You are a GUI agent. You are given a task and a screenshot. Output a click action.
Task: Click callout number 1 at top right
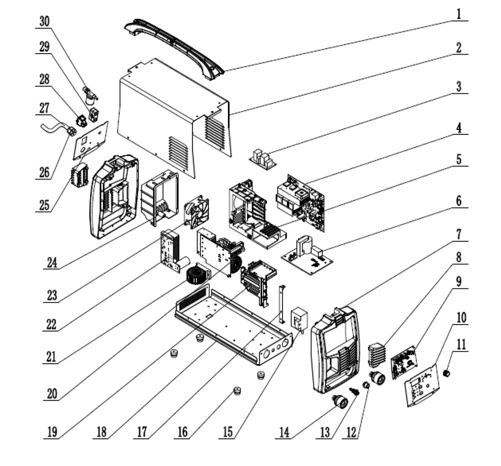459,15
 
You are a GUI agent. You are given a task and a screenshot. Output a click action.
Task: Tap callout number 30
45,22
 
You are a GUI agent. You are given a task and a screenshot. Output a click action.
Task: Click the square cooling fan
196,212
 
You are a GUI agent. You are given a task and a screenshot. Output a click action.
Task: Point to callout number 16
182,432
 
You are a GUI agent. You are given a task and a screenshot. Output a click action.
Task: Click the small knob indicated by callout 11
447,373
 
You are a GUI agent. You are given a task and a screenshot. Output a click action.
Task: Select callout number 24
52,262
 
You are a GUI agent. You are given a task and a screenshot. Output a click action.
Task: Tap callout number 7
459,234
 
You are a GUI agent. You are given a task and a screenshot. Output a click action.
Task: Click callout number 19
52,432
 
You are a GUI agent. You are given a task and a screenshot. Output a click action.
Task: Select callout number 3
459,86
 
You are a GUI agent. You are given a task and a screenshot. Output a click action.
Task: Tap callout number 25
45,205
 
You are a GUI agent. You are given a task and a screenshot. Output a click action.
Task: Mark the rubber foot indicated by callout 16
237,391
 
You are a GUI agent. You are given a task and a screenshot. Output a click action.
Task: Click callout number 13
325,432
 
